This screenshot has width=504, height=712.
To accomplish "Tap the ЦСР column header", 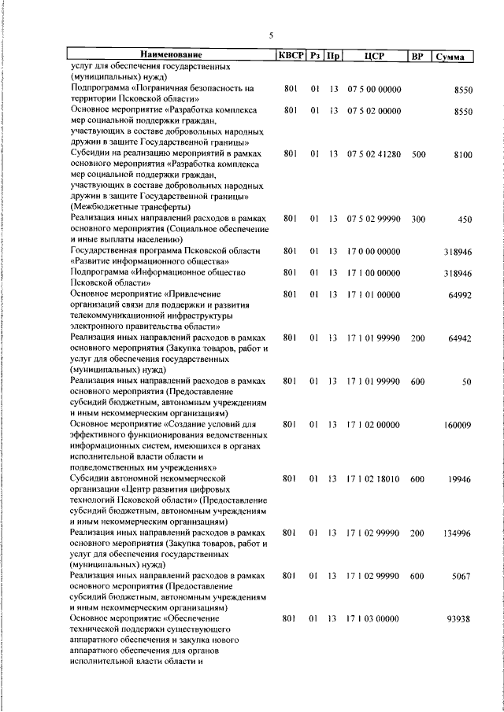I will pos(373,56).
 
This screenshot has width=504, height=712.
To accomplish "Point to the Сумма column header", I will pos(454,56).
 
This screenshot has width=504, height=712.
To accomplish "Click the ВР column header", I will pos(417,56).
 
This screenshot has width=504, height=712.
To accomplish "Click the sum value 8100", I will pos(462,156).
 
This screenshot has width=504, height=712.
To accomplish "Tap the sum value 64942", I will pos(459,338).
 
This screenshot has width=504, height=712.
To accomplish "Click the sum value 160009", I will pos(457,425).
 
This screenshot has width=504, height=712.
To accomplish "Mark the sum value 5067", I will pos(461,577).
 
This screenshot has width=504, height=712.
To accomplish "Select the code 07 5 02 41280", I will pos(373,156).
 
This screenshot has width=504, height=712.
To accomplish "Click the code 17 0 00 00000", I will pos(373,252).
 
